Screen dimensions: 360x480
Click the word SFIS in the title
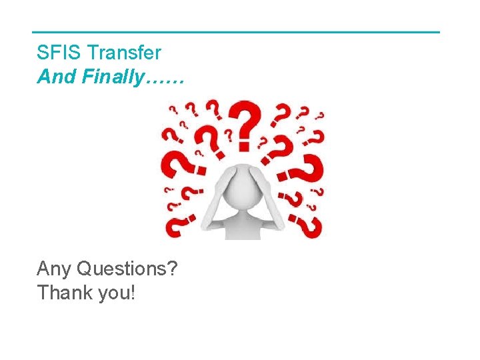pos(59,53)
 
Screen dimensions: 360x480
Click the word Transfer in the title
pos(125,53)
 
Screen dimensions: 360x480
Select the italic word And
pos(56,77)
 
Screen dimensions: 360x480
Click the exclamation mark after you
pos(134,293)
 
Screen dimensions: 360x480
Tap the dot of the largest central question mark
pos(245,145)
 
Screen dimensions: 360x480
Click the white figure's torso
pos(244,223)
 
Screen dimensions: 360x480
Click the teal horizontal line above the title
pos(236,32)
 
